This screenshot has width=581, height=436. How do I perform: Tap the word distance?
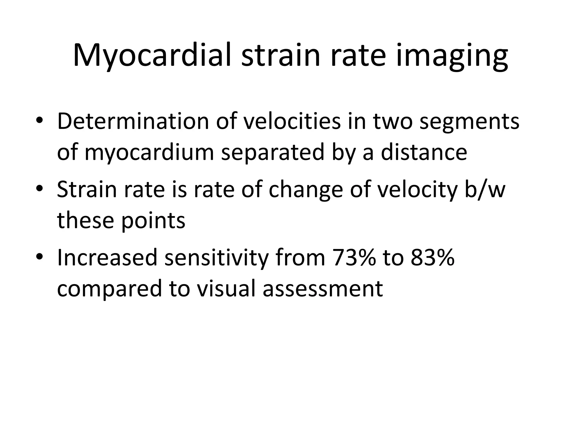tap(424, 152)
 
